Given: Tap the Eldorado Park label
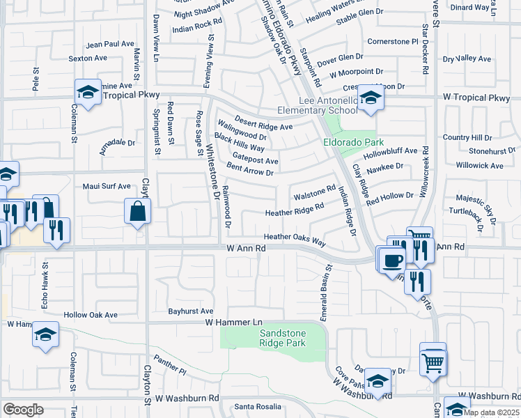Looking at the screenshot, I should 349,142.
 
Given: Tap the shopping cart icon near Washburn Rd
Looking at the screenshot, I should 433,361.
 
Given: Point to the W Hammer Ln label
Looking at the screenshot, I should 233,322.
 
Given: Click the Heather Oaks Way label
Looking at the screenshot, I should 295,238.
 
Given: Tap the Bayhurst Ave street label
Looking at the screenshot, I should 191,311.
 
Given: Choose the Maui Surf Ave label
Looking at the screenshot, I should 107,187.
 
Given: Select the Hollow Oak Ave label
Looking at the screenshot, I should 91,315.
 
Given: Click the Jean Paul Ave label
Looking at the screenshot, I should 110,44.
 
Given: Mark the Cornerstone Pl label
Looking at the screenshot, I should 392,41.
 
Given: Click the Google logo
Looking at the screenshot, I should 23,410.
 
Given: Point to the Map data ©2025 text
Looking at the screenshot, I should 491,412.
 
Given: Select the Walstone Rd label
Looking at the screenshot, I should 315,191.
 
